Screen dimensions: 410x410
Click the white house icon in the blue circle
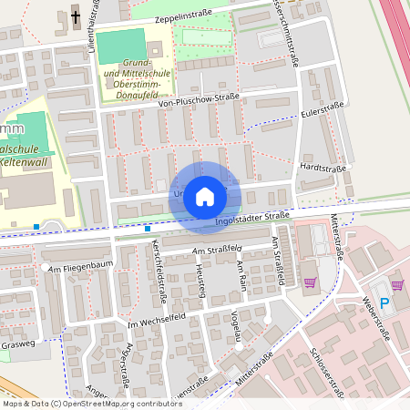click(x=204, y=197)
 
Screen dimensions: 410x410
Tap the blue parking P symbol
click(x=384, y=302)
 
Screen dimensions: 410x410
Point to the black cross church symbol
click(x=75, y=16)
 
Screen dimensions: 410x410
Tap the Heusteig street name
click(x=200, y=274)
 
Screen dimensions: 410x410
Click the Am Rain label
click(x=241, y=275)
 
